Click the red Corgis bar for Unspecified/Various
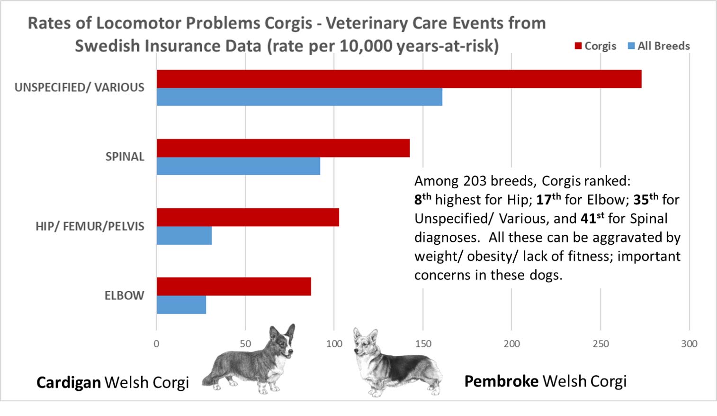[x=399, y=79]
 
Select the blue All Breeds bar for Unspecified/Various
[x=299, y=97]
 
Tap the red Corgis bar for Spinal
[x=283, y=148]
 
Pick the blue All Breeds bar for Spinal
[x=238, y=166]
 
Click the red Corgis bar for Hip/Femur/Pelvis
[x=248, y=217]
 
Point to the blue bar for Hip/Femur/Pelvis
[x=184, y=235]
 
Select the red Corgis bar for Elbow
[x=233, y=287]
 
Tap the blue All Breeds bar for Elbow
[x=181, y=305]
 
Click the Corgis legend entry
[x=595, y=46]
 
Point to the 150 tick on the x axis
[x=422, y=344]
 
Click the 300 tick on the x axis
[x=689, y=344]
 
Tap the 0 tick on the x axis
[x=156, y=344]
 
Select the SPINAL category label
[x=125, y=157]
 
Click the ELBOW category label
[x=124, y=296]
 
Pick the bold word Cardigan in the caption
[x=68, y=382]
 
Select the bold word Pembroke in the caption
[x=501, y=381]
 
